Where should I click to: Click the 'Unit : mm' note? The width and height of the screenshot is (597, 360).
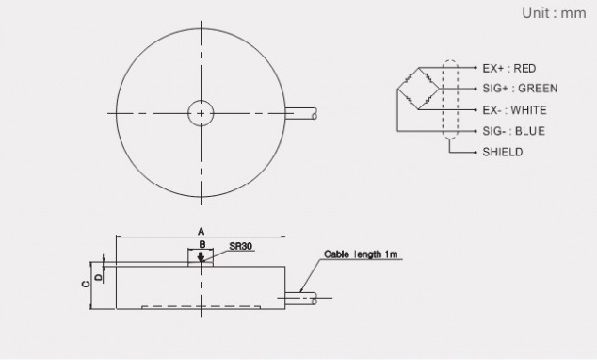(x=554, y=13)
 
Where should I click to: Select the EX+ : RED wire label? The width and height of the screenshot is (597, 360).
(x=509, y=69)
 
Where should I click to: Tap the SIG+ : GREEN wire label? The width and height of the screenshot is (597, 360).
(x=520, y=89)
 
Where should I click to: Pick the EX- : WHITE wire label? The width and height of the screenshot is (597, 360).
(x=514, y=110)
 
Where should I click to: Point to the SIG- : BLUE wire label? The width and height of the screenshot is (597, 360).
(x=513, y=131)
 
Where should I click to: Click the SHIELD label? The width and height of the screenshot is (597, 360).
(x=503, y=152)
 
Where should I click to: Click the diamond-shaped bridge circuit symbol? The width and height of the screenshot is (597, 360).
(x=418, y=89)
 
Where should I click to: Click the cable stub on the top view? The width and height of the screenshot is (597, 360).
(x=301, y=113)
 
